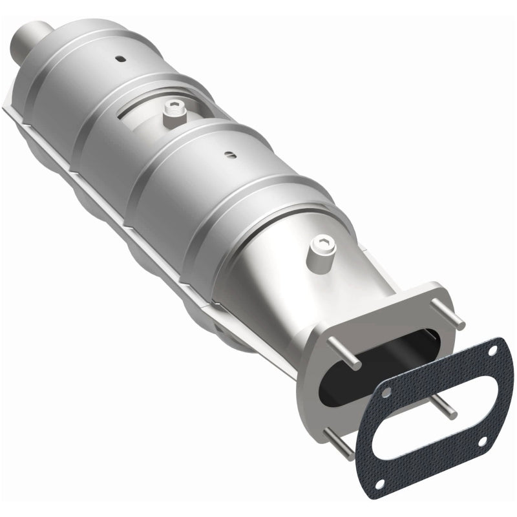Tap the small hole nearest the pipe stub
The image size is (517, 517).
coord(120,58)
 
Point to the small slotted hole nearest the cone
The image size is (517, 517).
coord(228,154)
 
